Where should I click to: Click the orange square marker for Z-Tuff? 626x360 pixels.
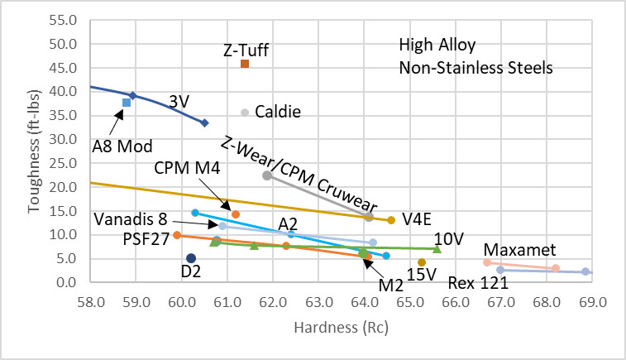(x=244, y=64)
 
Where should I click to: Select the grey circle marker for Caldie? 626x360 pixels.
(x=245, y=113)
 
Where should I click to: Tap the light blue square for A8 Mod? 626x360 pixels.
(x=127, y=103)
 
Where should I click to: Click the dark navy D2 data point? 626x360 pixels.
(x=191, y=258)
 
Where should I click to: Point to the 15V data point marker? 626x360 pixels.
(x=422, y=262)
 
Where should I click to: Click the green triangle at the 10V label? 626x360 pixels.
(x=437, y=248)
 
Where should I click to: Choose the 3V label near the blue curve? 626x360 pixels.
(x=179, y=101)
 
